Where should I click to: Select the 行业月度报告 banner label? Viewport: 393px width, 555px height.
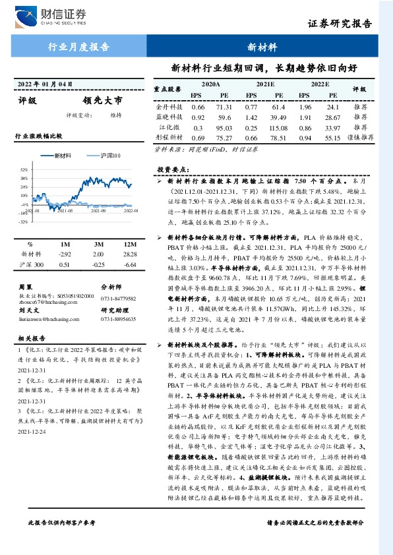coord(78,47)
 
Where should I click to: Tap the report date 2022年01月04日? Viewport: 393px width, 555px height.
coord(43,84)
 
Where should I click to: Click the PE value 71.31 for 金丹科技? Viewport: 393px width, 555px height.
coord(224,107)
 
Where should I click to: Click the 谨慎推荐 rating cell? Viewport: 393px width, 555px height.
coord(361,138)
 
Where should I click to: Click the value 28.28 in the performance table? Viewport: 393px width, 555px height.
coord(129,254)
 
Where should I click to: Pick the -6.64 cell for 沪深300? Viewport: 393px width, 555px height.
coord(129,264)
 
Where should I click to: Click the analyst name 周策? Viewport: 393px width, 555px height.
coord(26,287)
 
